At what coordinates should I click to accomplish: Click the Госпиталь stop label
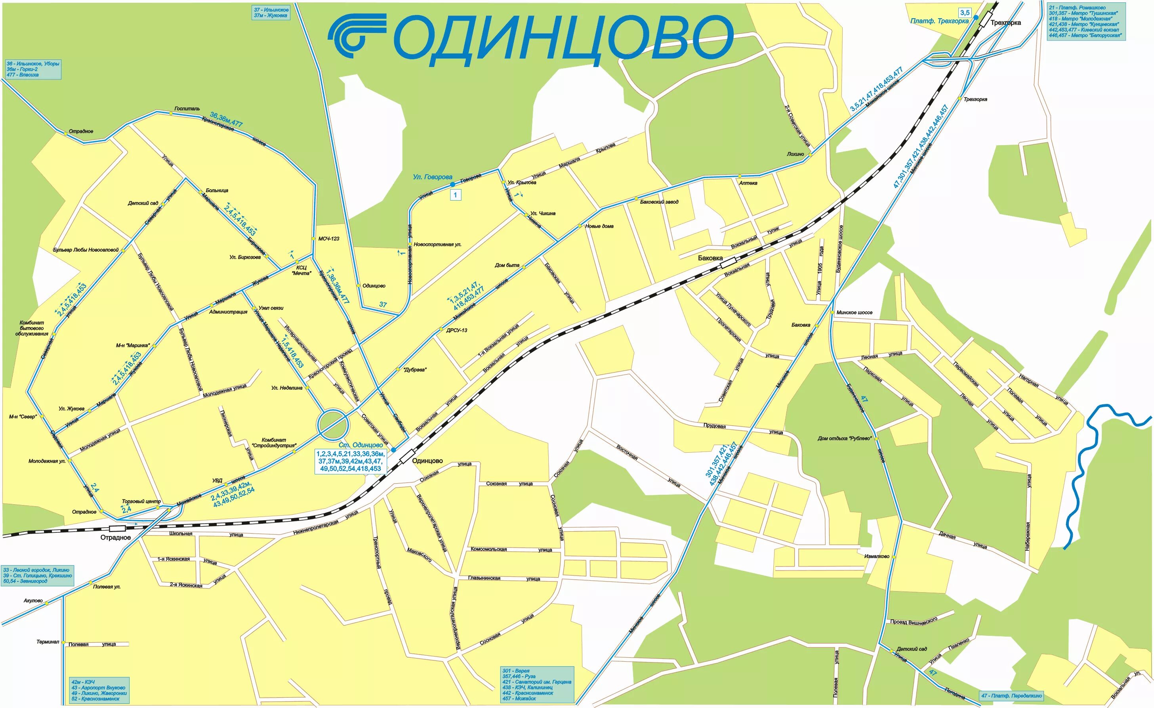point(187,109)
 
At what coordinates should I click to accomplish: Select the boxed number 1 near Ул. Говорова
point(455,195)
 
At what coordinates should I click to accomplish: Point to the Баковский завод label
point(659,202)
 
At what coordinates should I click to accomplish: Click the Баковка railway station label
point(710,258)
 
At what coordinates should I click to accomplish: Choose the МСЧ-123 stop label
point(329,239)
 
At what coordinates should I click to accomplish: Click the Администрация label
point(228,312)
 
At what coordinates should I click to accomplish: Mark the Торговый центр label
point(141,501)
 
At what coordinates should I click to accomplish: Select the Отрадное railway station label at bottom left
point(115,538)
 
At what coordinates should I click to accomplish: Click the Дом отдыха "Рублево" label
point(845,438)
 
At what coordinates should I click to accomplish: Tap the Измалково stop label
point(876,557)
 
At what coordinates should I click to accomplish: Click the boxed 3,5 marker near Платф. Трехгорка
point(965,13)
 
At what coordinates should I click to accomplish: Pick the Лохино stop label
point(795,154)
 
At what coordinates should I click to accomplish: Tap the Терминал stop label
point(48,642)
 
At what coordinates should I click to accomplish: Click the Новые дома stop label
point(599,226)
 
